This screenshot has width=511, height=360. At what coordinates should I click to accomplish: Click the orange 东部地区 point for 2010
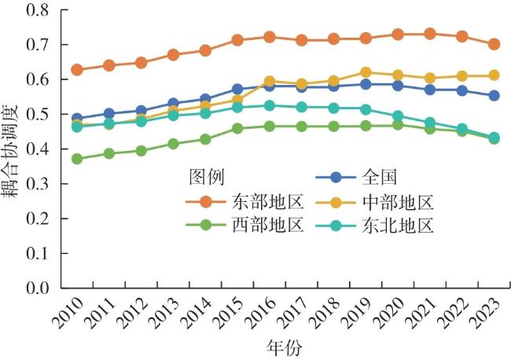click(77, 70)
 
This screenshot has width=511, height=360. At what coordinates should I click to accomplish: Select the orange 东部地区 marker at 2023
click(494, 44)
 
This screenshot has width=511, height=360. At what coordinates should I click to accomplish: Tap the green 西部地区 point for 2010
click(77, 159)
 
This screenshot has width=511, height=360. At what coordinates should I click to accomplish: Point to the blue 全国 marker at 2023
click(494, 95)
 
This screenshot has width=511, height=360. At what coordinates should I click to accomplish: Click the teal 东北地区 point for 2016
click(270, 105)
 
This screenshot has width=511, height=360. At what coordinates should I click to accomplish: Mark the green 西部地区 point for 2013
click(173, 144)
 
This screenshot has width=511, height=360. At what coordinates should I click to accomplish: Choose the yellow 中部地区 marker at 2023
click(494, 75)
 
